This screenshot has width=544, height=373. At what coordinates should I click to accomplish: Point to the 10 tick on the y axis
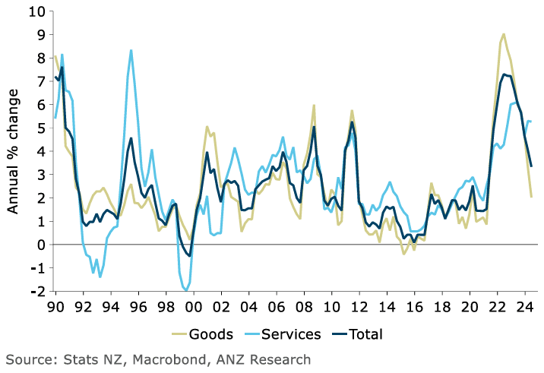(x=37, y=11)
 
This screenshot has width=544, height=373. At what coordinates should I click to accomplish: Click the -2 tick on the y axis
(x=37, y=291)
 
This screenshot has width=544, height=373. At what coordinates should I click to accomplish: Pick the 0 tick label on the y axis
(x=41, y=245)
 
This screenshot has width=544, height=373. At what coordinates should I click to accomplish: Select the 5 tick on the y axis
(x=41, y=128)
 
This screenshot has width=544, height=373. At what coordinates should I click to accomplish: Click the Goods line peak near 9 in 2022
(x=504, y=34)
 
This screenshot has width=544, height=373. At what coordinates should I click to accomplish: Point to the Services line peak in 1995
(x=131, y=51)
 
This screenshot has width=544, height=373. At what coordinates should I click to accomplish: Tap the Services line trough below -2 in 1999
(x=185, y=290)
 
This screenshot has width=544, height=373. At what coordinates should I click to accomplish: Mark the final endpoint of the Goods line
(x=531, y=197)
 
